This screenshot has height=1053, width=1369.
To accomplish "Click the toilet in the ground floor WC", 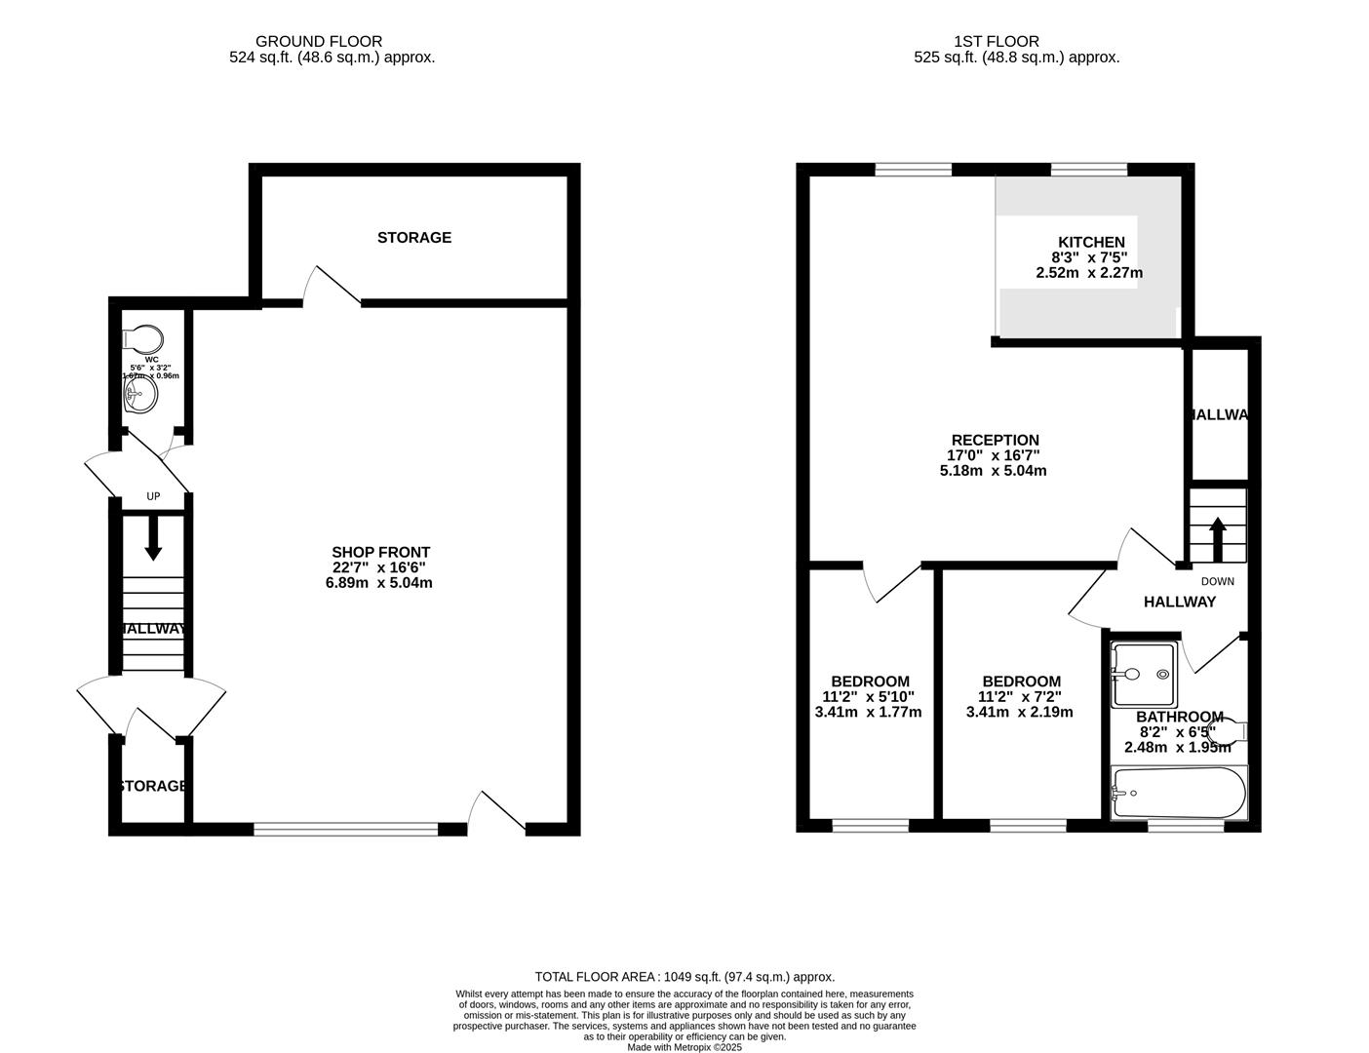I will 142,339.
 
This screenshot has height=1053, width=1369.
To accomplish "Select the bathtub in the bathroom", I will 1179,794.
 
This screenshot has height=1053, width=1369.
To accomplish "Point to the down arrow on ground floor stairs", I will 153,539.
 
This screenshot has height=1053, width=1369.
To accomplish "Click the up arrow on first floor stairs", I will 1218,538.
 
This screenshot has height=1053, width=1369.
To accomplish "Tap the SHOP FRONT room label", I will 380,552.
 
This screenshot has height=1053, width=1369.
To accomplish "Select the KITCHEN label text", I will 1091,242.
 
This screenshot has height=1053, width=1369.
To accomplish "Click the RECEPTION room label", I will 995,440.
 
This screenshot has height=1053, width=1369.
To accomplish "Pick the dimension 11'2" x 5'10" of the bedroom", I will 868,696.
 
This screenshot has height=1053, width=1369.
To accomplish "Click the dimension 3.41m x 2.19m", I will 1019,712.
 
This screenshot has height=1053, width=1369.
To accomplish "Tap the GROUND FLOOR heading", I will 319,41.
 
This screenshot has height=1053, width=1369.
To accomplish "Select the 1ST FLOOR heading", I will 997,41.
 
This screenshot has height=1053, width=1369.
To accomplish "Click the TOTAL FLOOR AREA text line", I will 684,976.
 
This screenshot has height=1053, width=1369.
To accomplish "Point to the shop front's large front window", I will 346,830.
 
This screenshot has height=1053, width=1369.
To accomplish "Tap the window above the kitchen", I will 1089,170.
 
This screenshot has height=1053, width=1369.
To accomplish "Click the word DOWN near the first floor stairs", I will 1217,581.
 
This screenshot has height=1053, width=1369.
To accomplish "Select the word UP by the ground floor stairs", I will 153,496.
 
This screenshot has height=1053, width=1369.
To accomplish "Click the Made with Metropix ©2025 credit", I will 684,1047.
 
